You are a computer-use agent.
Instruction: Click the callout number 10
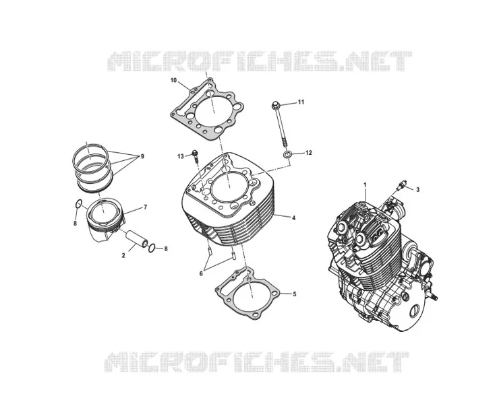pos(173,80)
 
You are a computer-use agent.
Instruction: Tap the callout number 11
pos(301,102)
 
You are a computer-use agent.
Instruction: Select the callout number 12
pos(308,153)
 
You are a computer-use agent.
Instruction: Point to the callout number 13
pos(180,156)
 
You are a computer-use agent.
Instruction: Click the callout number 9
pos(142,156)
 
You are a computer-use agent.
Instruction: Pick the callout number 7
pos(145,207)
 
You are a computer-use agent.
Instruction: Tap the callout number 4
pos(293,217)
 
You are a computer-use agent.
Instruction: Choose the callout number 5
pos(295,294)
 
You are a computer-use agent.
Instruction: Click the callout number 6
pos(201,273)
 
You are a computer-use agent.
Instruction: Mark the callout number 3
pos(417,190)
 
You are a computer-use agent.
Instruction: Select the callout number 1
pos(366,184)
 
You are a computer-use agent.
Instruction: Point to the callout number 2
pos(123,256)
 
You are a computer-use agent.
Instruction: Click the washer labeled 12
pos(287,154)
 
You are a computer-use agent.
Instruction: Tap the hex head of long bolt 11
pos(275,104)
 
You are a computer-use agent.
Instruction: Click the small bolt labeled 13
pos(195,157)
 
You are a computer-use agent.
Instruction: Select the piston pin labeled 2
pos(137,239)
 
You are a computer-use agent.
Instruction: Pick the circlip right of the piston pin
pos(152,248)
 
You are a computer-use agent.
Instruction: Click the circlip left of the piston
pos(79,203)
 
